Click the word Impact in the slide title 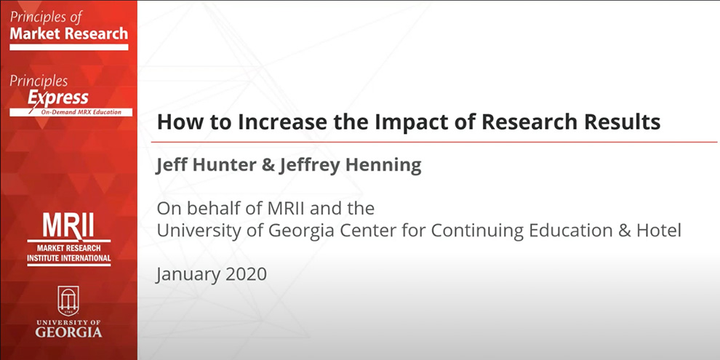tap(407, 122)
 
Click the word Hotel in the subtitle tap(660, 231)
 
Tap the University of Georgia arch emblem tap(69, 300)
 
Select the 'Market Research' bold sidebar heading tap(69, 33)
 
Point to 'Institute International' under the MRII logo tap(69, 258)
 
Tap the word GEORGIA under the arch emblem tap(69, 332)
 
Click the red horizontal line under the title tap(436, 142)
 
